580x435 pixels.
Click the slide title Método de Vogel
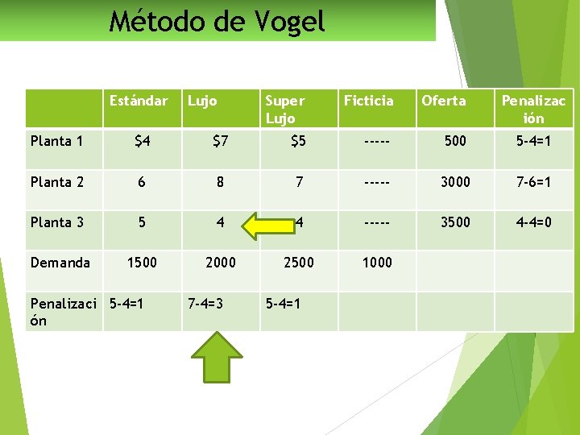pyautogui.click(x=217, y=21)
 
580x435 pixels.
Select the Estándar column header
pyautogui.click(x=139, y=101)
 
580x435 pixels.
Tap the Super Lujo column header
pyautogui.click(x=284, y=109)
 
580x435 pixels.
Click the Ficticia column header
pyautogui.click(x=369, y=101)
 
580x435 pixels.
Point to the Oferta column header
pyautogui.click(x=444, y=101)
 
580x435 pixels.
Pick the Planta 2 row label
pyautogui.click(x=57, y=182)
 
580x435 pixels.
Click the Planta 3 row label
pyautogui.click(x=57, y=222)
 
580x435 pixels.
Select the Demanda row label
pyautogui.click(x=60, y=263)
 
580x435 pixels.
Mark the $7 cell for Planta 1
pyautogui.click(x=220, y=142)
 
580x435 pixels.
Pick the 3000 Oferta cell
pyautogui.click(x=455, y=182)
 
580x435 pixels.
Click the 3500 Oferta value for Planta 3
pyautogui.click(x=455, y=222)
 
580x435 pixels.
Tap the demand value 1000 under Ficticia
pyautogui.click(x=377, y=263)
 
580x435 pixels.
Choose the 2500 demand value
pyautogui.click(x=298, y=263)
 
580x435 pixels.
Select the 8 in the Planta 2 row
pyautogui.click(x=220, y=182)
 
